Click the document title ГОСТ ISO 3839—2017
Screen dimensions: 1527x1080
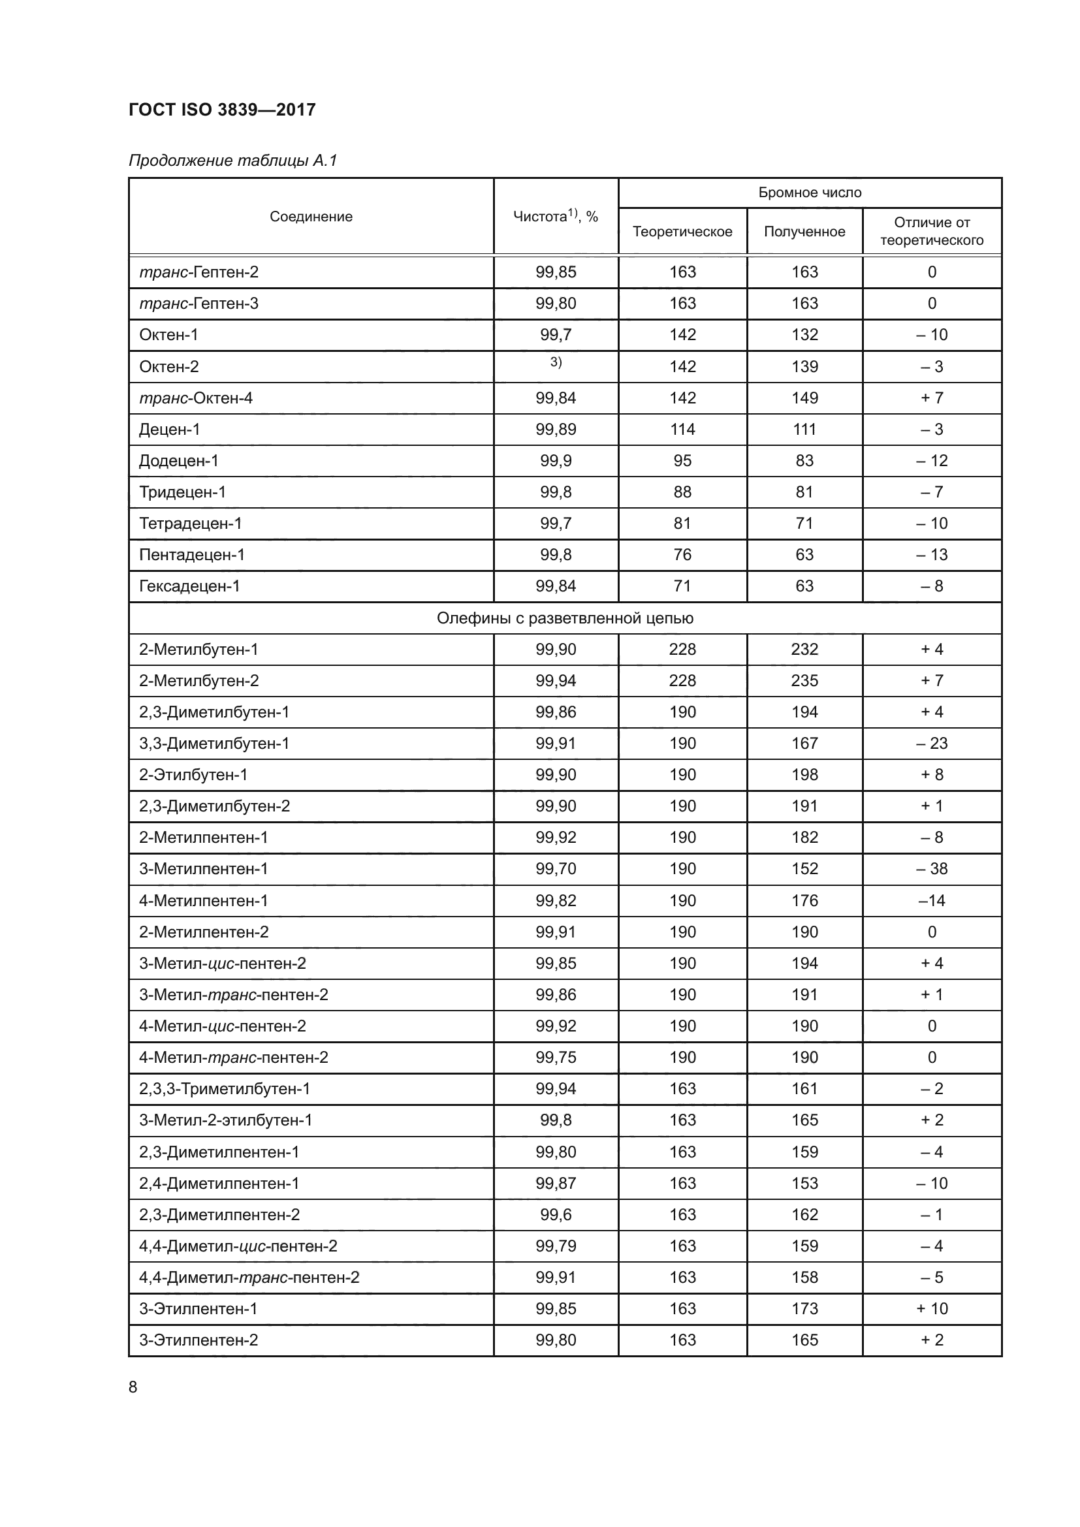221,110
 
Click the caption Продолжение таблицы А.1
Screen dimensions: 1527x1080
232,161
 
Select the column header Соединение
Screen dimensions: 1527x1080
311,216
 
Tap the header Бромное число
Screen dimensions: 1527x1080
809,193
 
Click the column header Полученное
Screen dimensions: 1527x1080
804,232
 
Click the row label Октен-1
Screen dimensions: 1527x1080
168,335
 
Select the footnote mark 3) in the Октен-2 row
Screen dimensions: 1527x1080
555,362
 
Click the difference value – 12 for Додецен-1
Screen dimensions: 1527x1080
931,461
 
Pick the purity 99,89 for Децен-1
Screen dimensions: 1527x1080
555,430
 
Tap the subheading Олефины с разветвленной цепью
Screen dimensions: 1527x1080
565,618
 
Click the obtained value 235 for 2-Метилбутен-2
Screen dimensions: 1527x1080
804,681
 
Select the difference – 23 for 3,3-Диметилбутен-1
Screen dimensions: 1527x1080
931,744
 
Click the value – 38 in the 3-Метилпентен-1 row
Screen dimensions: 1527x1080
931,869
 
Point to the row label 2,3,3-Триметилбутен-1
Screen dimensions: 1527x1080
224,1089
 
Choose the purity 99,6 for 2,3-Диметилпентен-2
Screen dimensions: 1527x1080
555,1214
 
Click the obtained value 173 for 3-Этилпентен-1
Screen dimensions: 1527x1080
804,1309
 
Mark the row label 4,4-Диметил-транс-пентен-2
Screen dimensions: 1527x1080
249,1278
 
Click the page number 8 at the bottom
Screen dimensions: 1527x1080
133,1387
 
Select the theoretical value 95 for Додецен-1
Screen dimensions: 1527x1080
682,461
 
